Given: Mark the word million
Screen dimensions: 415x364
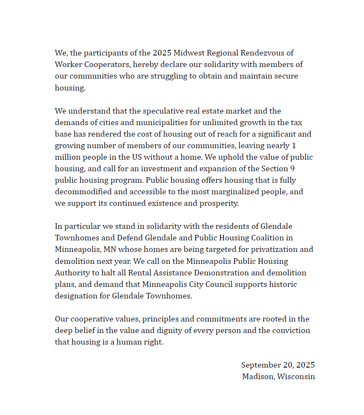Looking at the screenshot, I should click(67, 157).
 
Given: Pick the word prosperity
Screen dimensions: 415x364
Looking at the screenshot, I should click(219, 203).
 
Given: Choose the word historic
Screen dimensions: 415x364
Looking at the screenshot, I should click(279, 284).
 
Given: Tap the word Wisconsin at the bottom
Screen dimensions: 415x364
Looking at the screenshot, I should click(296, 377).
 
